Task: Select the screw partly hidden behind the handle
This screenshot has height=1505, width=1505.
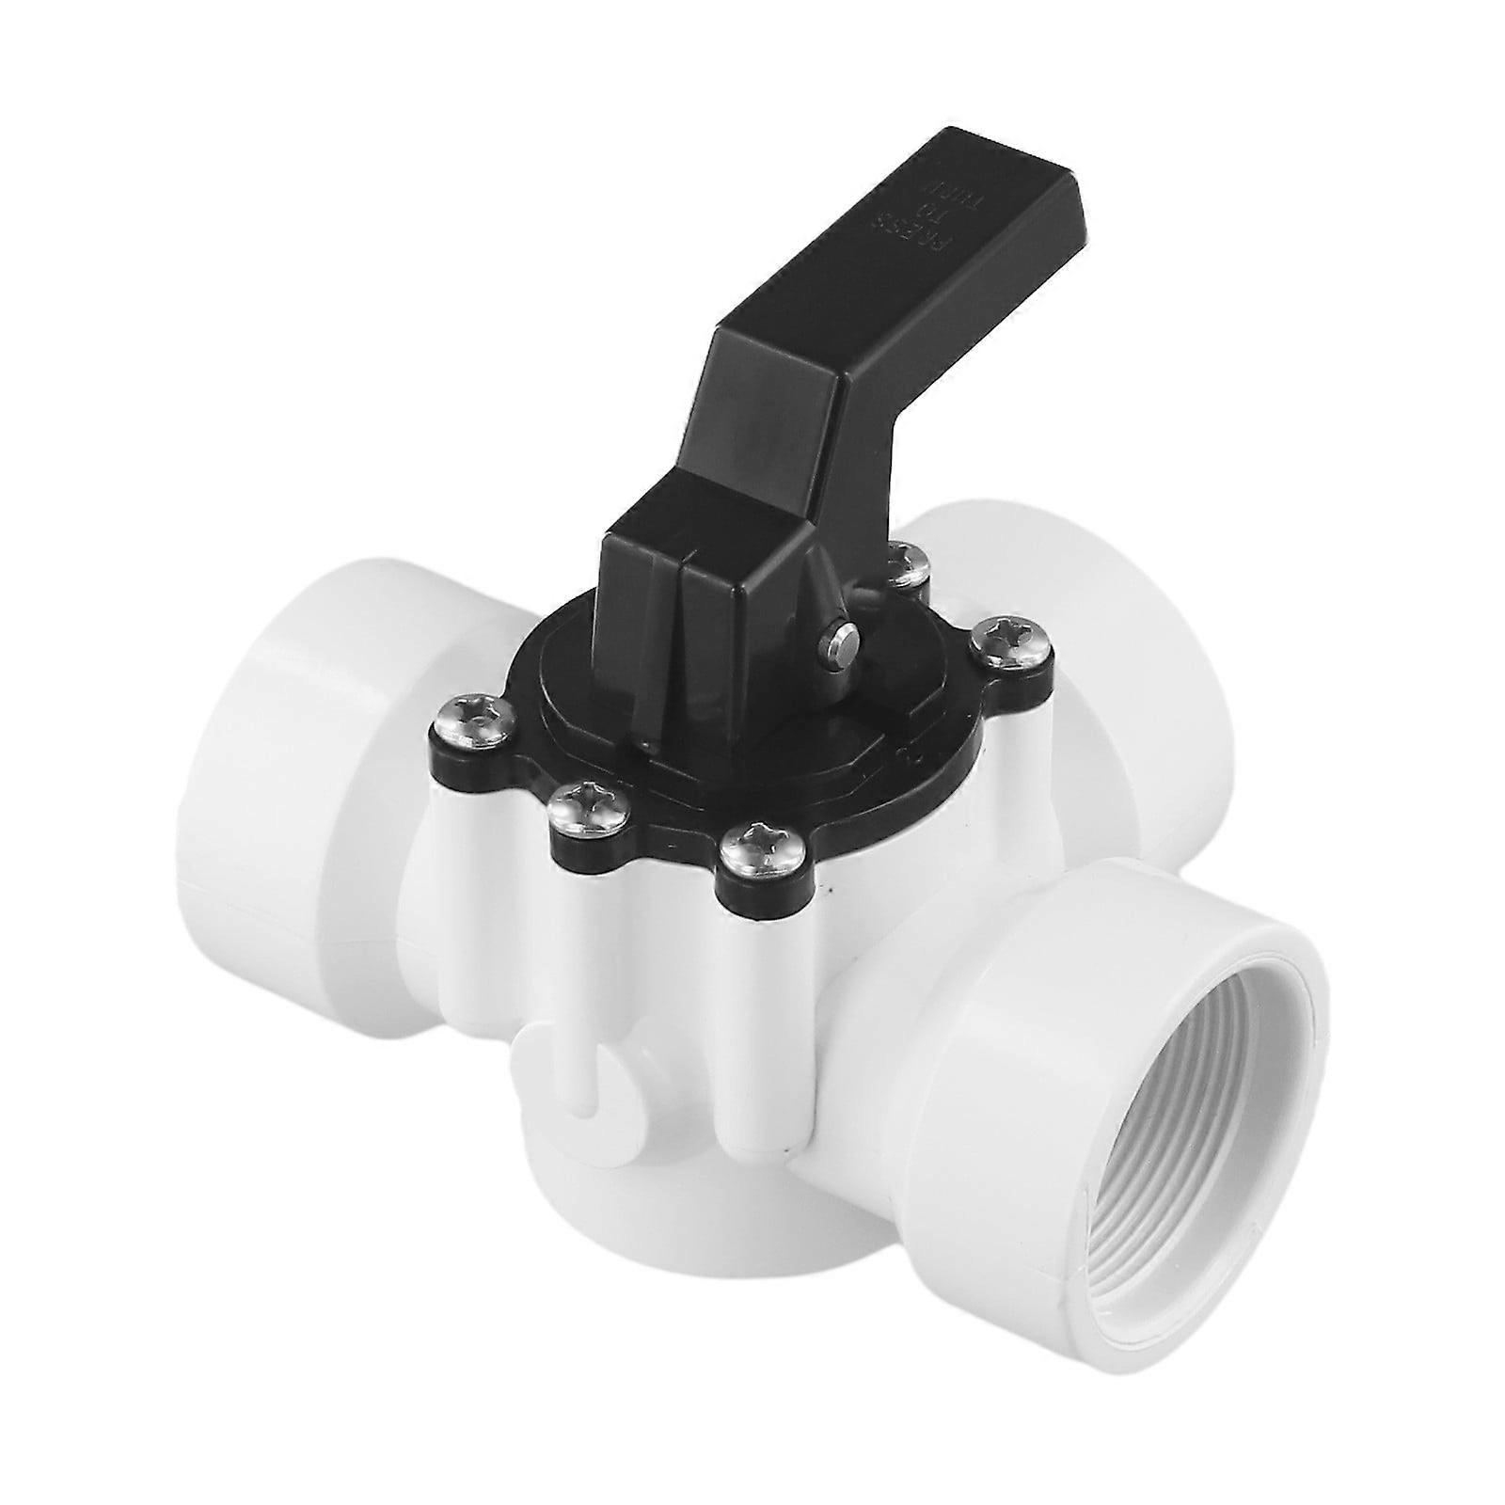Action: pos(908,562)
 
